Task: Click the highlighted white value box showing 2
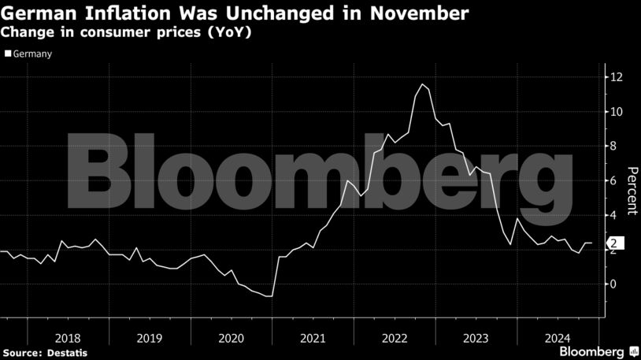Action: pyautogui.click(x=613, y=243)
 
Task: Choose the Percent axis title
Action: pyautogui.click(x=631, y=191)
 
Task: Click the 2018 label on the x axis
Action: pyautogui.click(x=68, y=339)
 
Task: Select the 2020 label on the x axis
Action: pyautogui.click(x=231, y=339)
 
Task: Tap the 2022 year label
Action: pyautogui.click(x=394, y=339)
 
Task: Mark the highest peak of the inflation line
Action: pyautogui.click(x=423, y=84)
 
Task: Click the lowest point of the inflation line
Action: pyautogui.click(x=270, y=296)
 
